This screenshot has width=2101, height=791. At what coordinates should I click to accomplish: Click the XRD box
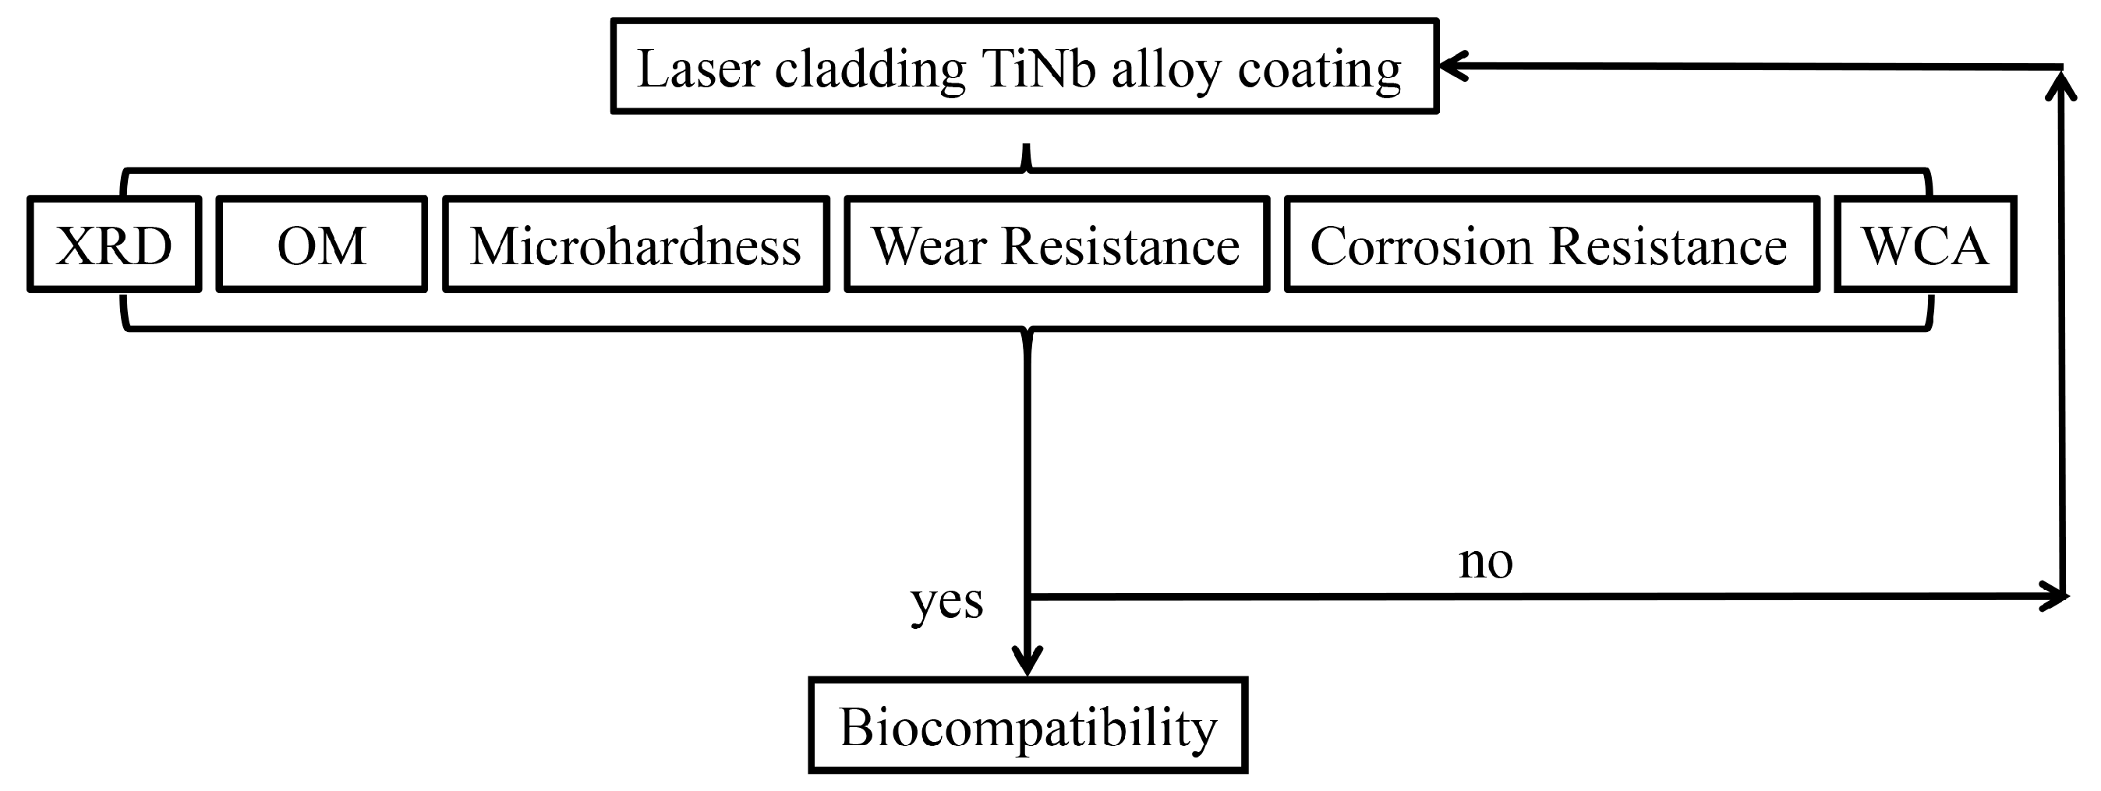coord(114,244)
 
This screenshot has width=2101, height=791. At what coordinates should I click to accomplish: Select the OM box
coord(321,244)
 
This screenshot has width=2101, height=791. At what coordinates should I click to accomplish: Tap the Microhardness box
coord(635,244)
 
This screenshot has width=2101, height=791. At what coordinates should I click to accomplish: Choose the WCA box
coord(1924,244)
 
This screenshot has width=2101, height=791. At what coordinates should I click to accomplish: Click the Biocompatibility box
coord(1028,725)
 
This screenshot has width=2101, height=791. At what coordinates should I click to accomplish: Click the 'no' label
coord(1485,562)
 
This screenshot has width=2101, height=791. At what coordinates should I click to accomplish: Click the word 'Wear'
coord(929,245)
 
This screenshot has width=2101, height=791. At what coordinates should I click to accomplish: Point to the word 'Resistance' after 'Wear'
coord(1120,245)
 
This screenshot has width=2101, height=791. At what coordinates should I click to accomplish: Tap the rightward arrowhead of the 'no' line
coord(2057,597)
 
